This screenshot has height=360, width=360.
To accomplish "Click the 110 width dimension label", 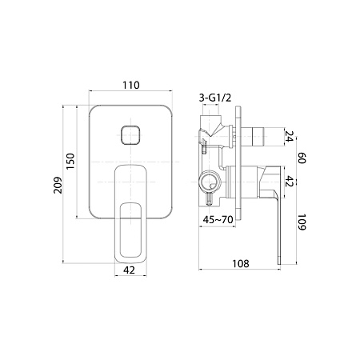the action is [x=131, y=85].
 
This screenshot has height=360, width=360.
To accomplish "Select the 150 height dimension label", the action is [x=70, y=161].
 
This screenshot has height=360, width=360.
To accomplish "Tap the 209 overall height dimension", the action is [x=58, y=185].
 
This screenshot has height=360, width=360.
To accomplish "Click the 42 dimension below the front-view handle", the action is [x=130, y=270].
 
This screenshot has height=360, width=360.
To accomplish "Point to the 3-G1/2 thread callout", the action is [x=215, y=98].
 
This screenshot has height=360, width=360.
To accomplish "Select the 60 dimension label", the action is [x=302, y=158].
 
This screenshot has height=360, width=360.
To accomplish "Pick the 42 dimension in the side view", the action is [x=290, y=181].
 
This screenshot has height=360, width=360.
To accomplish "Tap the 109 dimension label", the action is [x=302, y=222].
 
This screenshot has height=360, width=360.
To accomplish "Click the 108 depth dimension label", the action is [x=241, y=264].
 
